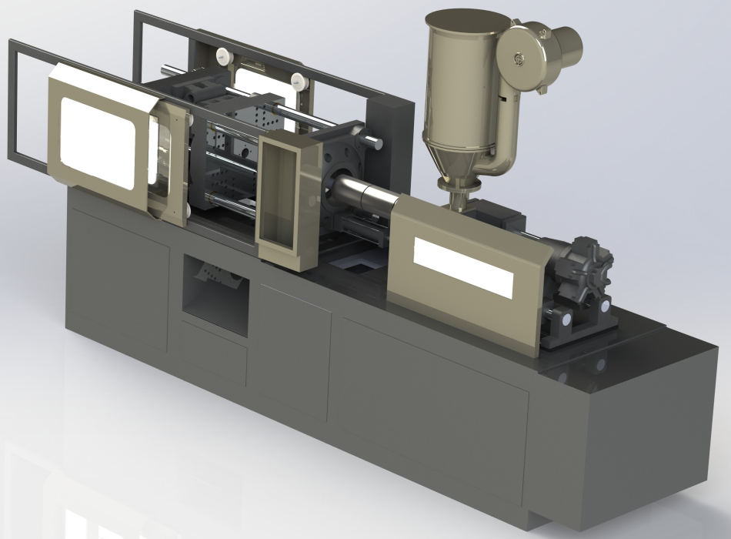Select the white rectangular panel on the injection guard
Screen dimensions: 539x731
(x=462, y=266)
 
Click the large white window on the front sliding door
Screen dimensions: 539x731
(x=96, y=142)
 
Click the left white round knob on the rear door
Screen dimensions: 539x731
(x=224, y=55)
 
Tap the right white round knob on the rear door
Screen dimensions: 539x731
(x=296, y=78)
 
